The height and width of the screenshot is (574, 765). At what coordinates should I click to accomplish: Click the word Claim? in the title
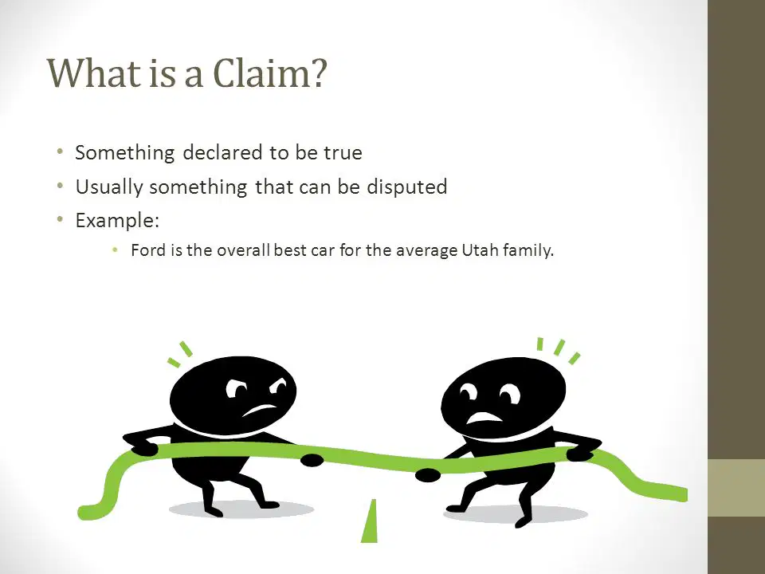[270, 73]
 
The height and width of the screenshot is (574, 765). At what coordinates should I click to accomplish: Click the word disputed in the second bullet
[407, 187]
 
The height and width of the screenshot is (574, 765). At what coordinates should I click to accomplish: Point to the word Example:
[118, 221]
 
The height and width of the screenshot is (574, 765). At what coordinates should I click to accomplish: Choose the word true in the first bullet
[343, 153]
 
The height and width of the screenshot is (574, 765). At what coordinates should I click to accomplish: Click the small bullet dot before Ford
[115, 250]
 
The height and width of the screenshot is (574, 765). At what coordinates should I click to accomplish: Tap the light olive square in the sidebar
[736, 488]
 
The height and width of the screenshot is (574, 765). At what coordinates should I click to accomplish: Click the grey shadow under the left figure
[241, 509]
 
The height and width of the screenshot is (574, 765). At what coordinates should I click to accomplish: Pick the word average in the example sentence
[427, 251]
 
